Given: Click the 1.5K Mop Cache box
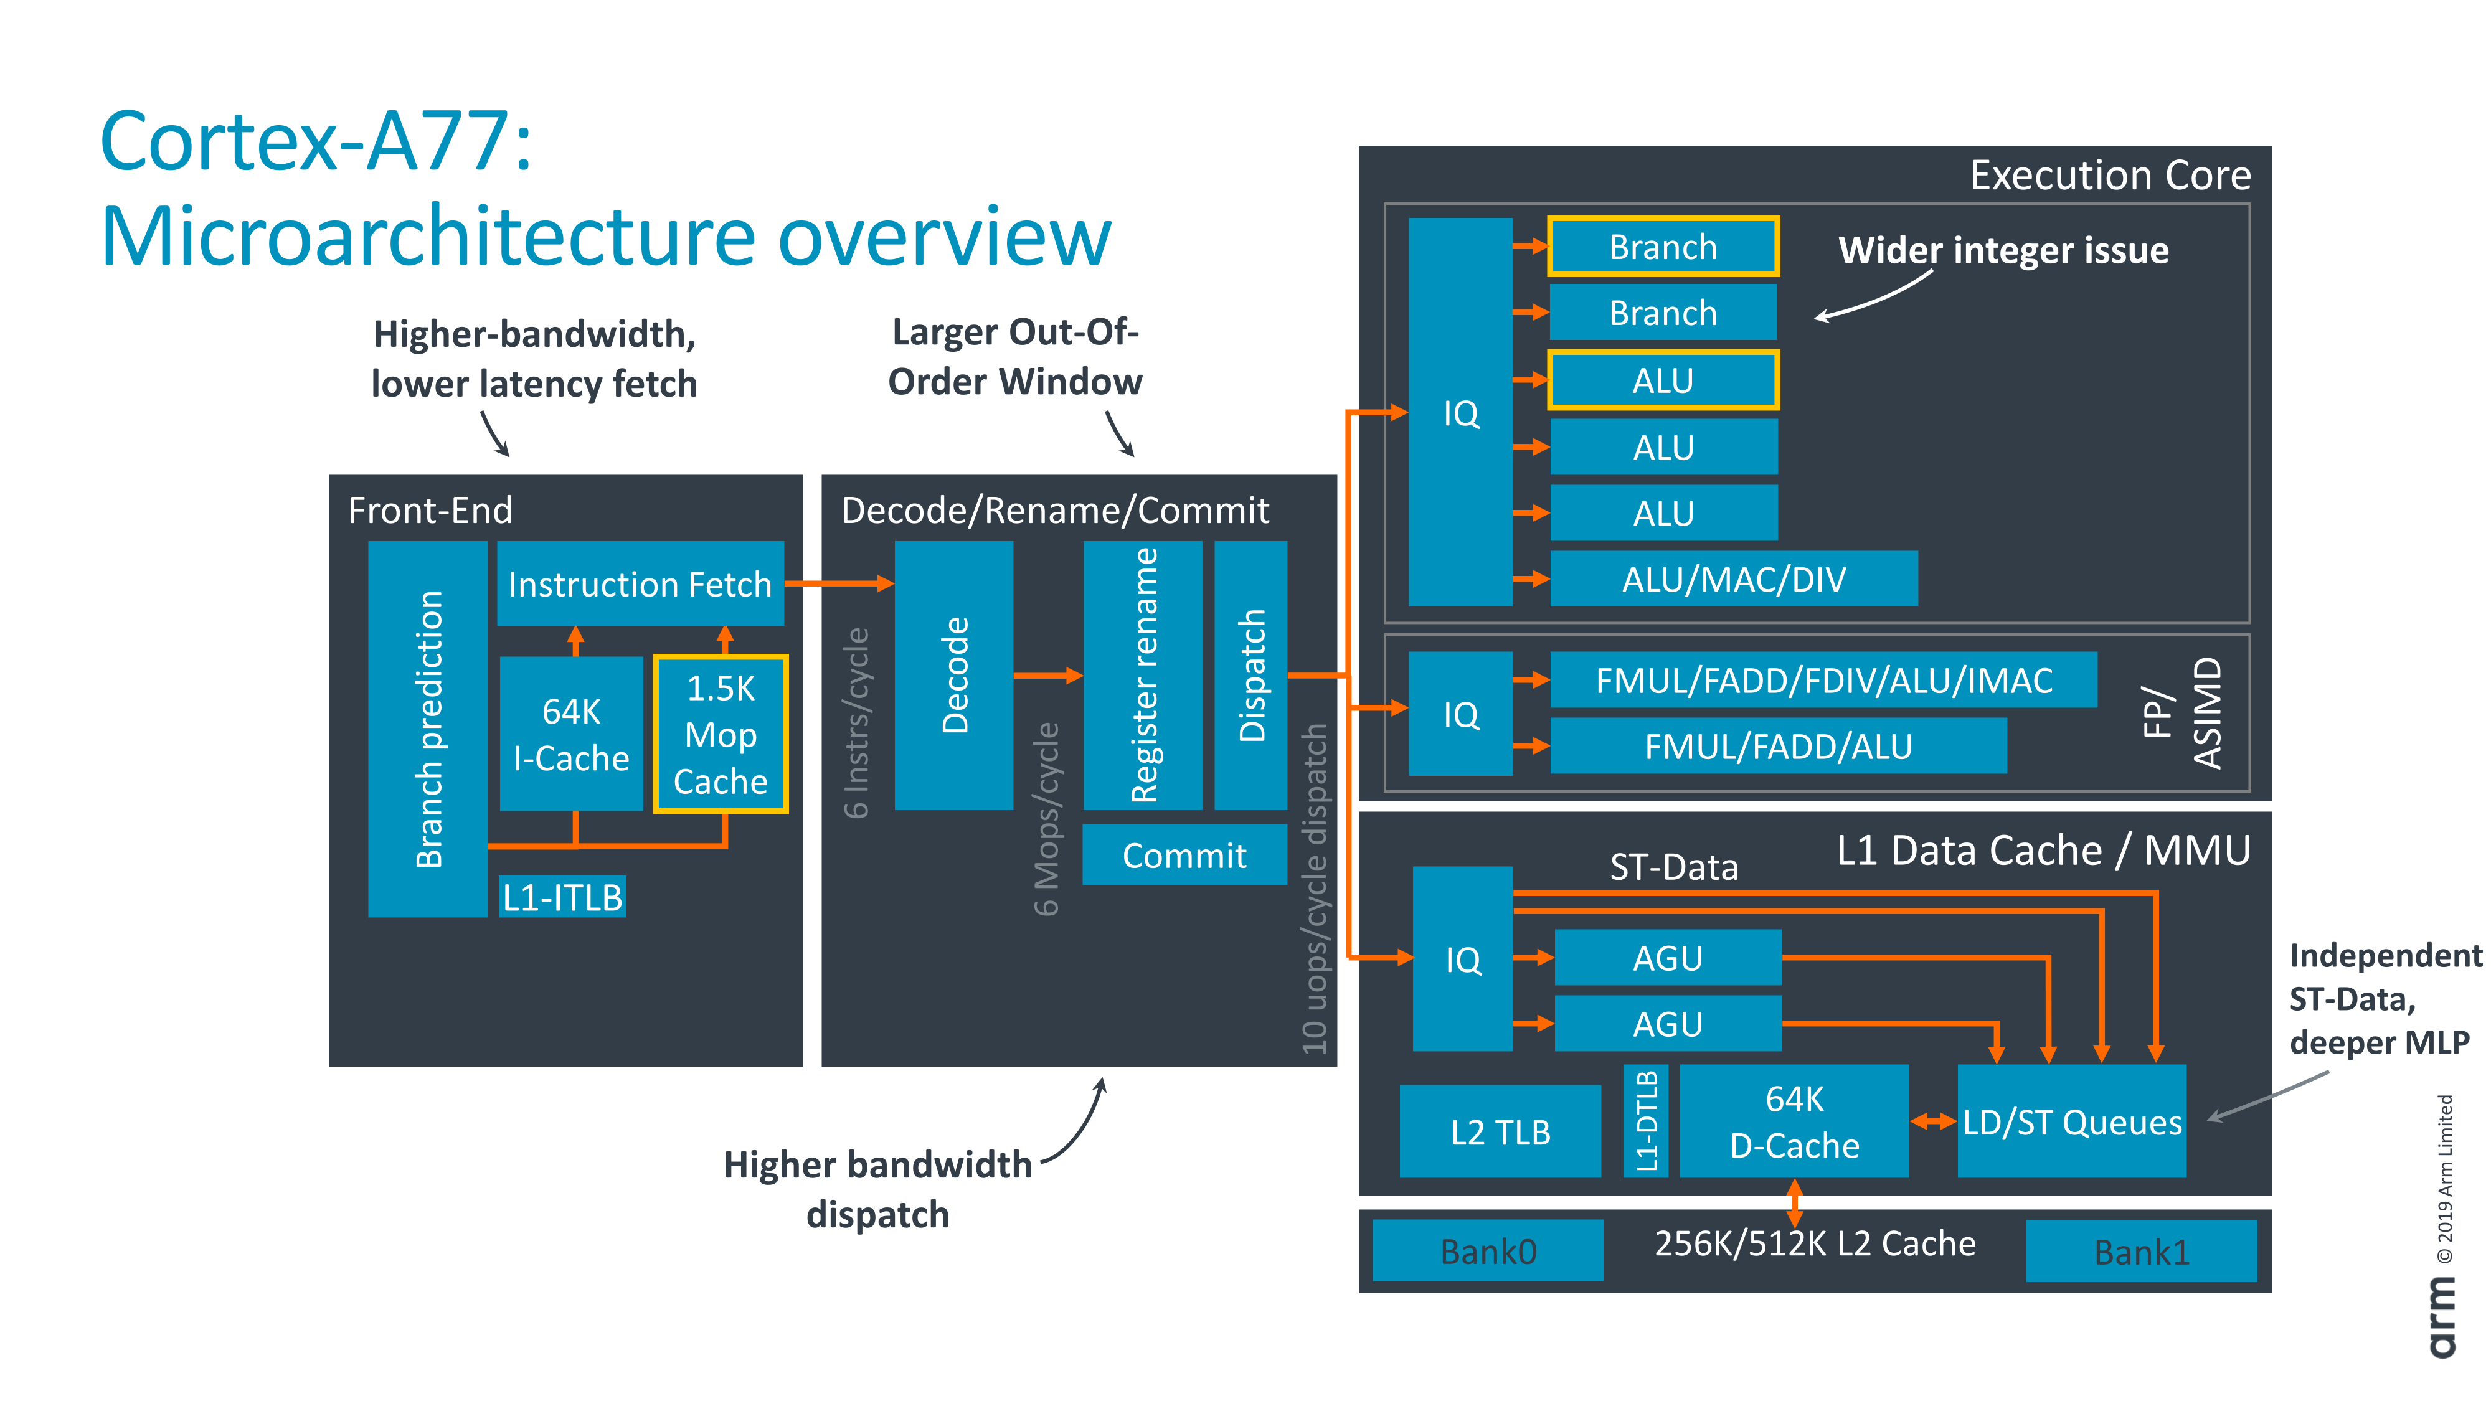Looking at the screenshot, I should point(721,735).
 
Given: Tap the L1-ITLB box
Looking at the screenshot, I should point(562,897).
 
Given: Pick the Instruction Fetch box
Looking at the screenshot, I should point(639,584).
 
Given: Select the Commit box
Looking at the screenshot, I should point(1184,855).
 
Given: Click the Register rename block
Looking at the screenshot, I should point(1143,675).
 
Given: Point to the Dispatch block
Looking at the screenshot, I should point(1250,675).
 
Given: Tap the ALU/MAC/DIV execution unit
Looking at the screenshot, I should point(1733,579).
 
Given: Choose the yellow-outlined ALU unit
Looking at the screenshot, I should point(1662,380).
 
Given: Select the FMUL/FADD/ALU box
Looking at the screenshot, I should point(1777,745).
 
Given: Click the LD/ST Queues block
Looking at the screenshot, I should point(2071,1121).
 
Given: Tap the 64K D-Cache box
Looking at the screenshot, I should point(1794,1121).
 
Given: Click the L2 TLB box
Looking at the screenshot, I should point(1500,1131).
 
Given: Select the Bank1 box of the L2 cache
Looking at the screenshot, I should point(2141,1251).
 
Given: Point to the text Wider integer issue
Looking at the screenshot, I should point(2003,250).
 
